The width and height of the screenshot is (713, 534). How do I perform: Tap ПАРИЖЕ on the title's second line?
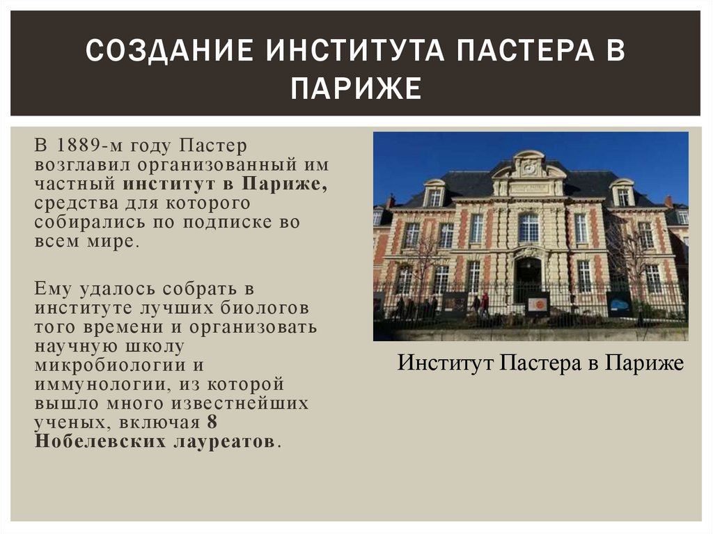356,89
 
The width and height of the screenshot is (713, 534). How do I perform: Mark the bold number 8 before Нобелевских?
212,423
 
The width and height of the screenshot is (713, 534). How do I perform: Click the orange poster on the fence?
537,304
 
